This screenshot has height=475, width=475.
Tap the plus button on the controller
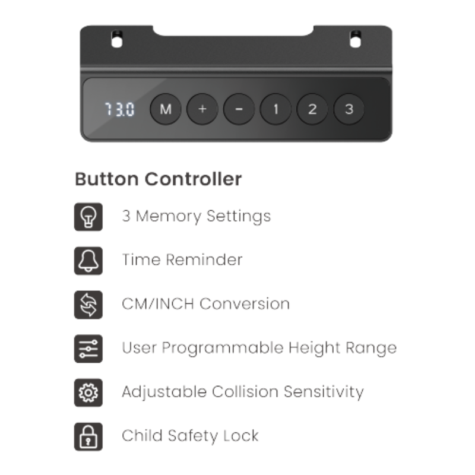[202, 109]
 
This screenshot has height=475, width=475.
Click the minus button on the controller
[239, 109]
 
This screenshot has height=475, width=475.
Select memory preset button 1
[275, 109]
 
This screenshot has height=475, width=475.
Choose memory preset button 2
[312, 109]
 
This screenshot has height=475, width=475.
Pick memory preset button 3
[349, 109]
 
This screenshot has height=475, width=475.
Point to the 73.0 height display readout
[119, 109]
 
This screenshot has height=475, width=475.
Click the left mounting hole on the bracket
[117, 39]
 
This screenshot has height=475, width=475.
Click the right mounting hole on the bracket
[355, 39]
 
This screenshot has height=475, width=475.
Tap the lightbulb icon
[88, 217]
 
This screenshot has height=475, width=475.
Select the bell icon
[88, 261]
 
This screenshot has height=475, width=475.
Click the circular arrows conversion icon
[88, 305]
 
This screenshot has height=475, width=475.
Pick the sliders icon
[88, 349]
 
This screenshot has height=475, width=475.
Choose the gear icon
[88, 392]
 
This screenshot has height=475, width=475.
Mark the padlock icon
[88, 436]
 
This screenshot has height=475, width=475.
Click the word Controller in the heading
[194, 179]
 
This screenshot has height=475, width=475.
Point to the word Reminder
[204, 260]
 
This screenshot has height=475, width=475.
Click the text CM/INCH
[158, 304]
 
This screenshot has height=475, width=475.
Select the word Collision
[245, 391]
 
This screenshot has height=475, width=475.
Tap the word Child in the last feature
[142, 436]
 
